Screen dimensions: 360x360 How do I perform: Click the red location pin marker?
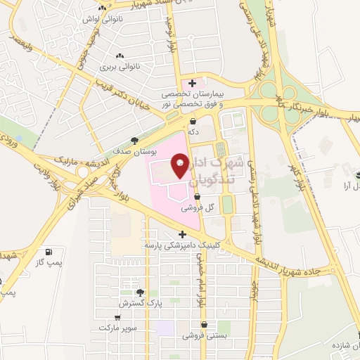coord(180,166)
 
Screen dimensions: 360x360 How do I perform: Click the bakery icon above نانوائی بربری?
coord(119,56)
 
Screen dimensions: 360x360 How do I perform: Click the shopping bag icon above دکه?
coord(192,121)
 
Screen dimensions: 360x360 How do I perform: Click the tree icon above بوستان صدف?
coord(134,140)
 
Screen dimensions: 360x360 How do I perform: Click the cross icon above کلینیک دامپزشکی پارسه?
coord(182,235)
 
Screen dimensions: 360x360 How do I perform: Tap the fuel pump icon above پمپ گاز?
coord(48,252)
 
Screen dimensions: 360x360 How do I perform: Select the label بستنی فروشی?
coord(203,336)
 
